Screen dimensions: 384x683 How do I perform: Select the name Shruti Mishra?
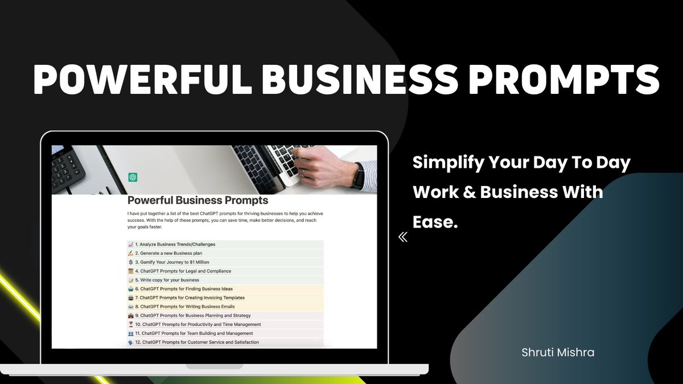click(558, 353)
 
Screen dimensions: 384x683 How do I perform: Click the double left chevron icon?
click(403, 237)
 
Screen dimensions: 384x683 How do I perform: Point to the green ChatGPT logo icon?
click(133, 177)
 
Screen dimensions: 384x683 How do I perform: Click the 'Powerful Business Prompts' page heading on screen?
click(198, 200)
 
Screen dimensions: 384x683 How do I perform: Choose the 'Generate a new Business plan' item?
click(168, 253)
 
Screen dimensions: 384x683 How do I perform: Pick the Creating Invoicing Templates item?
click(190, 298)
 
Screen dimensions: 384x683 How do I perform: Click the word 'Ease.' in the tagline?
click(435, 221)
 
